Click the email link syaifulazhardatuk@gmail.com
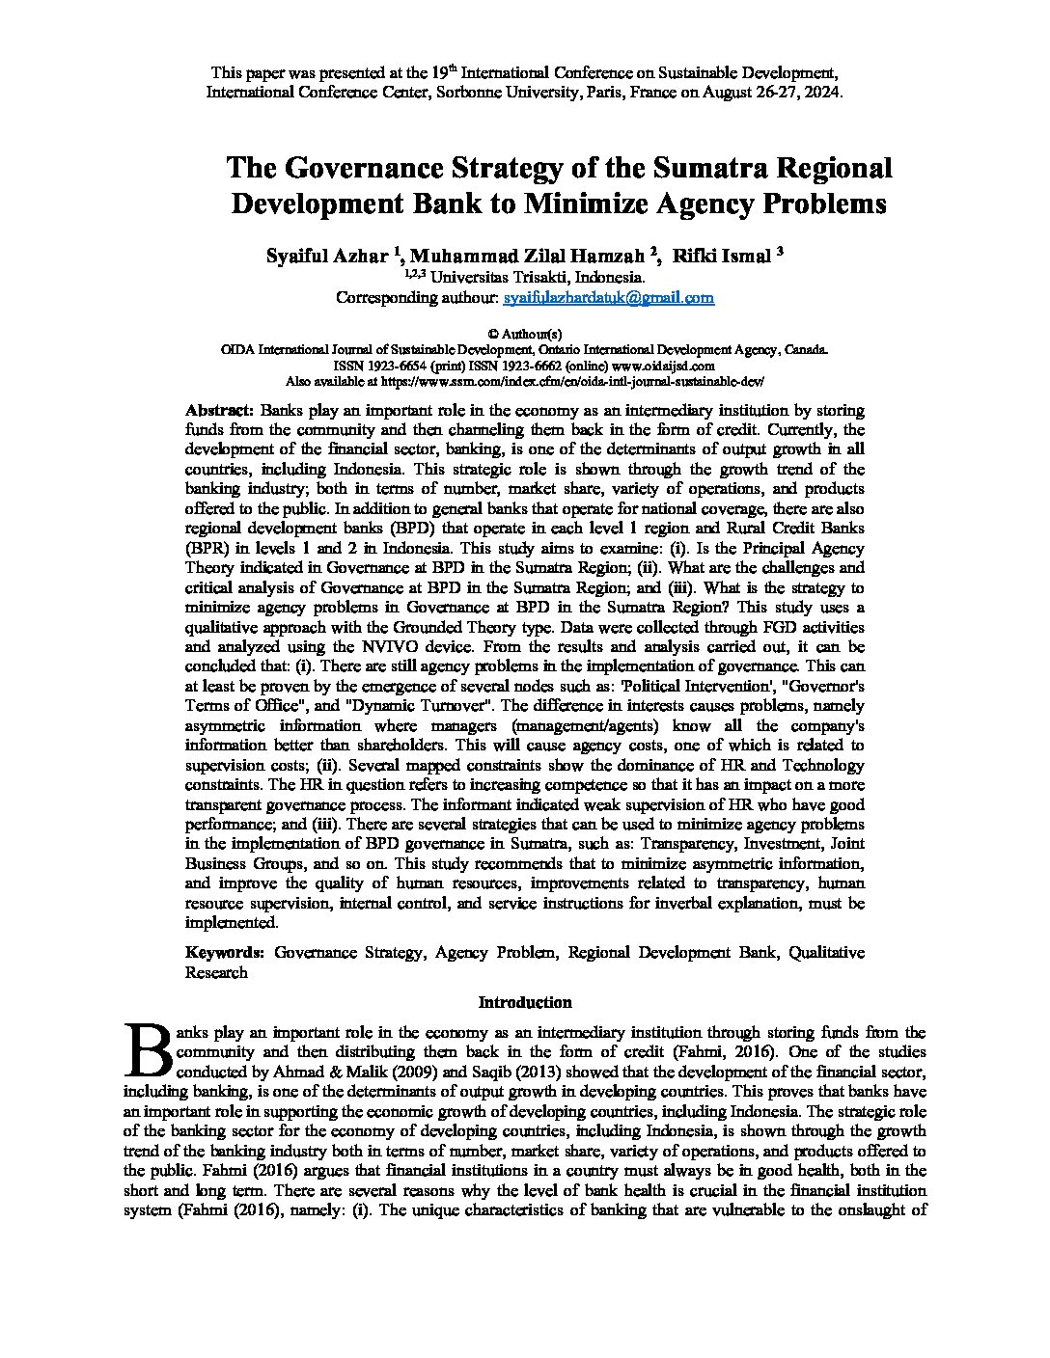pyautogui.click(x=609, y=298)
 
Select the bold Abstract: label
pyautogui.click(x=219, y=409)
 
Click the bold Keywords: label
pyautogui.click(x=225, y=952)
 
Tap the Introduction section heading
pyautogui.click(x=525, y=1002)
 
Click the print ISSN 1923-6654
pyautogui.click(x=398, y=366)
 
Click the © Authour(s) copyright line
pyautogui.click(x=524, y=333)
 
